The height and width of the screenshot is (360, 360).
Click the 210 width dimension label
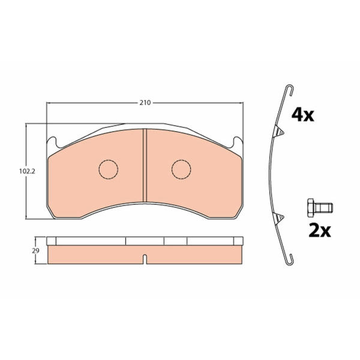[x=145, y=103]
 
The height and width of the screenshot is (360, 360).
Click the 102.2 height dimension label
[x=27, y=171]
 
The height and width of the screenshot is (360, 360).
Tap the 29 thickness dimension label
[x=35, y=251]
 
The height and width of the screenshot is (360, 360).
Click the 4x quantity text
[x=302, y=115]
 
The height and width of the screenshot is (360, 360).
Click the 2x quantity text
[x=320, y=230]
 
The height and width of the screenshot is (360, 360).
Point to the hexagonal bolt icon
[x=320, y=208]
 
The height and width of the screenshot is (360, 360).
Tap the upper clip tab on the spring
[x=279, y=131]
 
